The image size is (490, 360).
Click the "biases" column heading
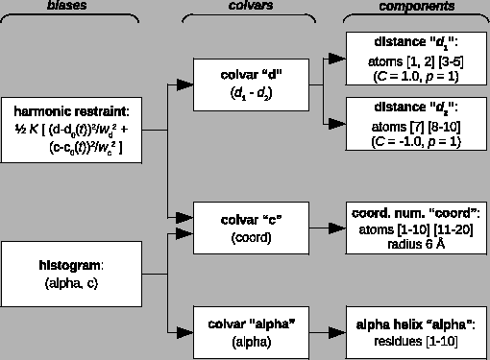(69, 6)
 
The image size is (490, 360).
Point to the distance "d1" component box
(416, 60)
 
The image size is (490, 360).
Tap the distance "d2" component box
(416, 122)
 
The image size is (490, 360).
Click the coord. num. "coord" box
(416, 228)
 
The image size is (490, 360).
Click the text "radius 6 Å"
(416, 244)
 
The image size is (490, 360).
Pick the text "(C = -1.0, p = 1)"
(416, 141)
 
